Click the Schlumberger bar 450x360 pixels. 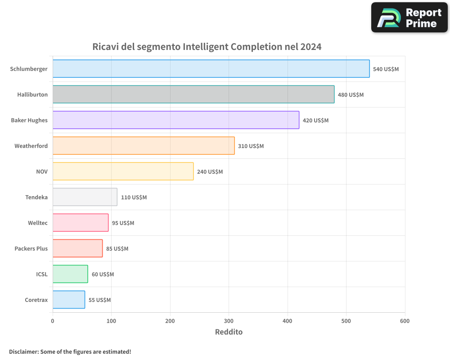coord(211,69)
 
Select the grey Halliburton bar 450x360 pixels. coord(193,94)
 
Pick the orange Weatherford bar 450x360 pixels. coord(144,146)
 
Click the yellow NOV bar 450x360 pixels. coord(123,171)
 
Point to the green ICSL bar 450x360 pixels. coord(70,274)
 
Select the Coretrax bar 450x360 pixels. coord(69,300)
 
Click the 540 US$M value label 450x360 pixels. coord(386,69)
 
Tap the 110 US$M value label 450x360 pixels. coord(134,198)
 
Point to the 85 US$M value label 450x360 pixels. coord(117,249)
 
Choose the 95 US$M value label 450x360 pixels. coord(123,223)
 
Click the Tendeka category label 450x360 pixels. coord(36,197)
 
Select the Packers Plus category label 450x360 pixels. coord(31,248)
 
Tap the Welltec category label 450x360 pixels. coord(38,223)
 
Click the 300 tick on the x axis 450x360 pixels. coord(229,321)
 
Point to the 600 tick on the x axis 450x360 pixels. coord(405,321)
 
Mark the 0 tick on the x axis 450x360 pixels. coord(53,321)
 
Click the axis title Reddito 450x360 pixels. coord(229,332)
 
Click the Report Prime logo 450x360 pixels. coord(409,18)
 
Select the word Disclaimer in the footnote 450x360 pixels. coord(23,351)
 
